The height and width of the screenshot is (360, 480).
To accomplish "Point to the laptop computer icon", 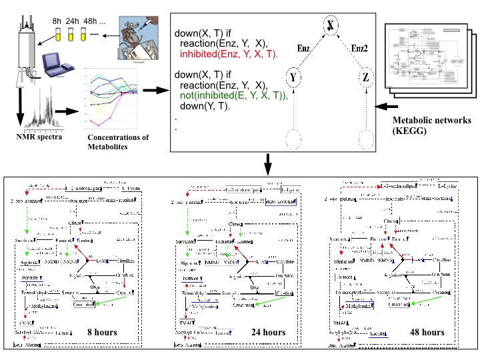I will tap(62, 64).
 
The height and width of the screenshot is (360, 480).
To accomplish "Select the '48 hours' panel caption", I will tap(427, 332).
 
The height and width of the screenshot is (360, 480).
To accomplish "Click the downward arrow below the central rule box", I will tap(267, 161).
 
